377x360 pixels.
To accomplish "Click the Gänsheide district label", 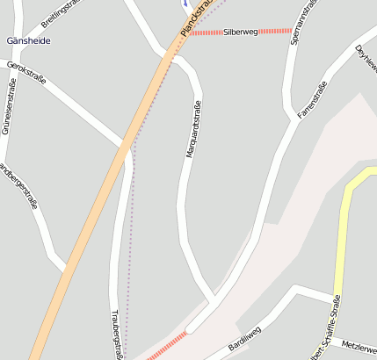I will (28, 41).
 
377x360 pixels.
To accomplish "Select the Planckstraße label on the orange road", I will (197, 18).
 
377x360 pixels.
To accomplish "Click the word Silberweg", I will (241, 32).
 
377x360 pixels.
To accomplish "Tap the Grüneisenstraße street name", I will (10, 105).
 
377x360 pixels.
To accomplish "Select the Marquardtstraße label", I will (194, 130).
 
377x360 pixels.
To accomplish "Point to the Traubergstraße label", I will (117, 332).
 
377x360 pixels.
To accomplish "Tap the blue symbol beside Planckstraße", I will (185, 4).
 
